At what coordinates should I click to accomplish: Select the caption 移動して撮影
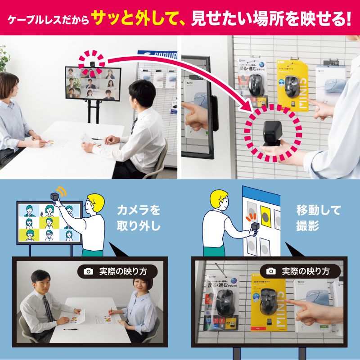click(x=318, y=217)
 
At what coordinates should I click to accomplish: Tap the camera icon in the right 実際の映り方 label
click(x=270, y=271)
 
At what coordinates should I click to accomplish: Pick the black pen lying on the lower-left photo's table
click(x=70, y=329)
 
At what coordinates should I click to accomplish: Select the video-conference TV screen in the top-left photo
click(x=93, y=83)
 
